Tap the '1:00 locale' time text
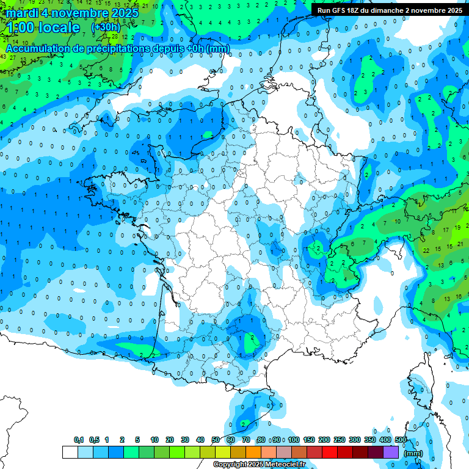click(43, 27)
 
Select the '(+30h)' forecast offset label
click(106, 27)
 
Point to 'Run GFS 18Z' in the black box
click(340, 10)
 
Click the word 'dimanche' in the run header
click(387, 10)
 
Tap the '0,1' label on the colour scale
click(79, 440)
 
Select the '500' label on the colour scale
click(401, 440)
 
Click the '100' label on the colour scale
click(294, 440)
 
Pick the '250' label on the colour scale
click(340, 440)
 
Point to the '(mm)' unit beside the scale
click(413, 453)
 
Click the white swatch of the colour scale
click(70, 453)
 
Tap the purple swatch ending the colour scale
click(391, 453)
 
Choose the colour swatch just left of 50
click(208, 453)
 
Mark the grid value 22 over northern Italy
click(426, 250)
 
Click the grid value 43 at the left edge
click(4, 57)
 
